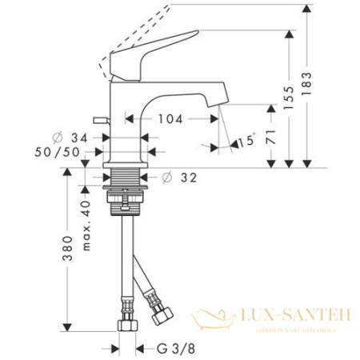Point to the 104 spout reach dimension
pos(170,119)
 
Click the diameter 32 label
pos(181,178)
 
